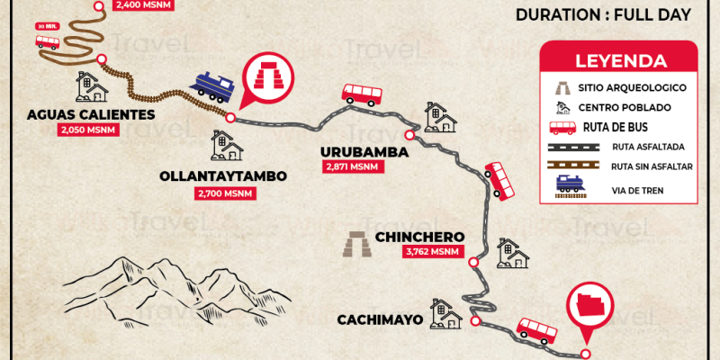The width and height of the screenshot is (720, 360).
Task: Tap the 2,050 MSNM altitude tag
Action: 81,130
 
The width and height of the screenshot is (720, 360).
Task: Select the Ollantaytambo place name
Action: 224,176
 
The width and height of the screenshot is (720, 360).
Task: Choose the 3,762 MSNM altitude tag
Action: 430,253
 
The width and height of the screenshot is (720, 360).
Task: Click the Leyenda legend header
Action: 621,62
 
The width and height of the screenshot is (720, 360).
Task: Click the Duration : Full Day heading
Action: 603,15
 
